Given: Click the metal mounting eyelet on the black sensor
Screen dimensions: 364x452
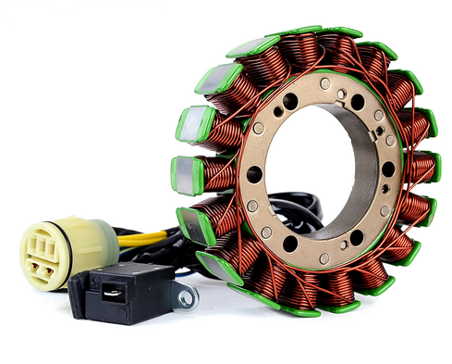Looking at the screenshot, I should [188, 298].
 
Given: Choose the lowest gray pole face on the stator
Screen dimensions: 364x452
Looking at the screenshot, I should [214, 265].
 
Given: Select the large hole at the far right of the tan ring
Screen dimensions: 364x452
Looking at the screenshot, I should [387, 169].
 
